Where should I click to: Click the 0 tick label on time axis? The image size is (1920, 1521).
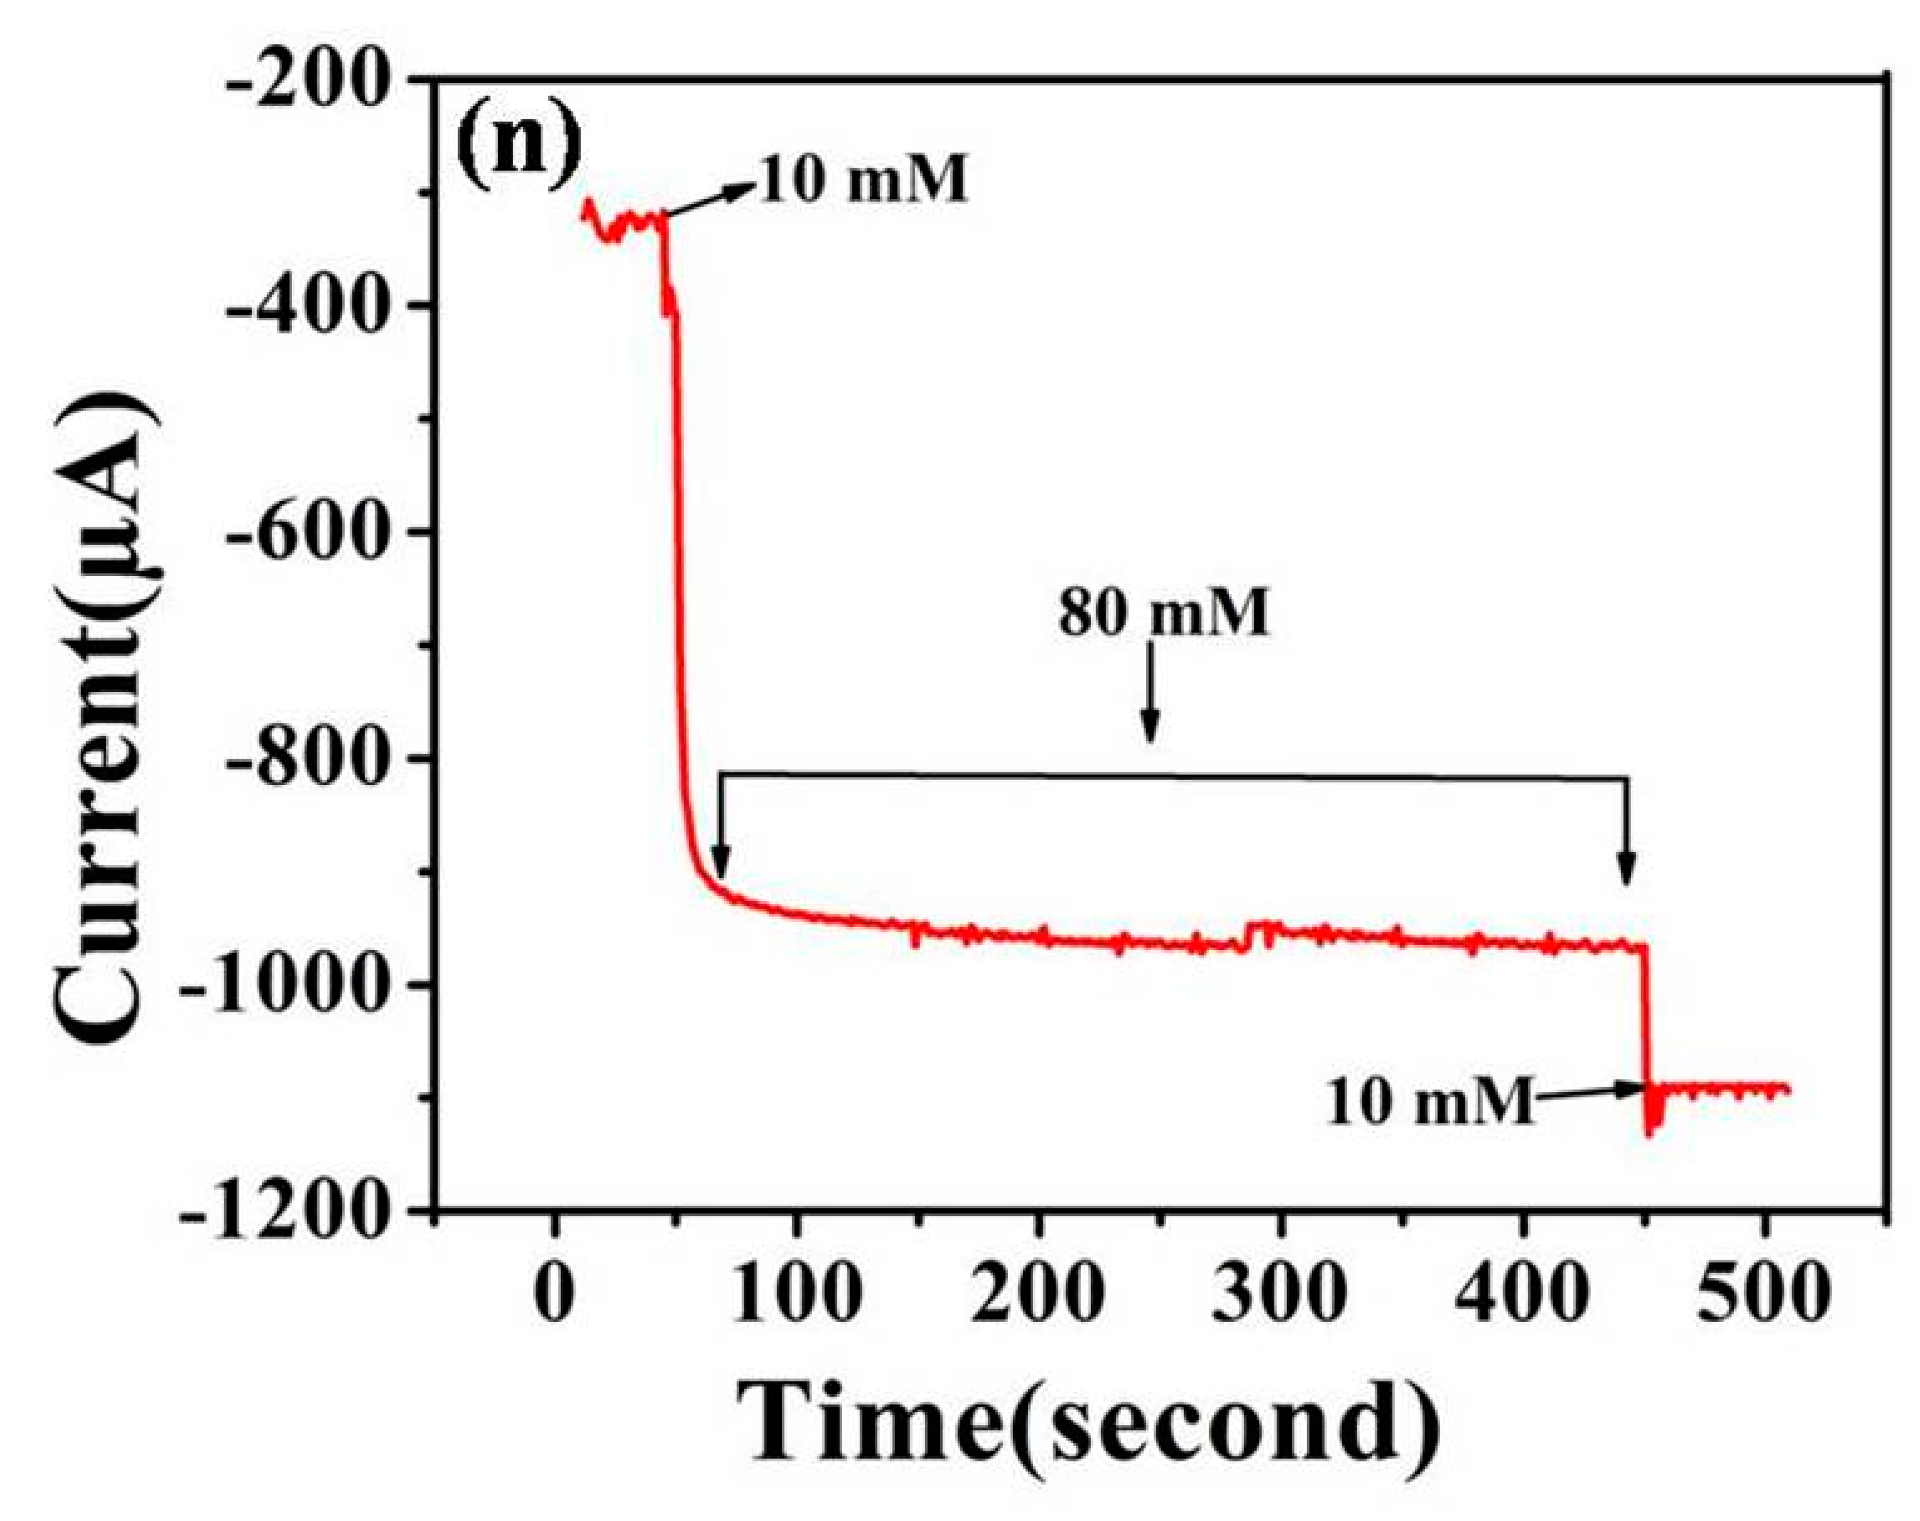554,1294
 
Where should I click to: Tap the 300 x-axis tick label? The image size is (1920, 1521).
1280,1294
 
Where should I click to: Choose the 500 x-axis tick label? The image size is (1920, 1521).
1763,1294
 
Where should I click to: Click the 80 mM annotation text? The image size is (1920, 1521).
1164,614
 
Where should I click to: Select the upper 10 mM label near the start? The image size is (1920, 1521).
862,181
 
